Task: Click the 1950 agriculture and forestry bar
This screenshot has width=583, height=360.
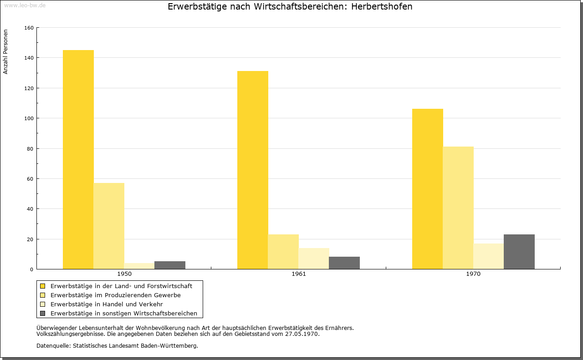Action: tap(78, 159)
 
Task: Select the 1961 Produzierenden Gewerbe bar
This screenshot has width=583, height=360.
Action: tap(283, 252)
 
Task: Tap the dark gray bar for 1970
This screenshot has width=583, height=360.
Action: tap(519, 252)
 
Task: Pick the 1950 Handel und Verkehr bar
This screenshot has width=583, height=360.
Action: tap(139, 266)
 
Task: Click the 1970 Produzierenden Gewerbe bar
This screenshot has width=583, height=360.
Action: tap(458, 208)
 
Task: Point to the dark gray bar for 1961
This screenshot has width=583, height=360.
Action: tap(344, 263)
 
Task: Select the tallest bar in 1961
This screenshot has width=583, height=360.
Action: tap(253, 170)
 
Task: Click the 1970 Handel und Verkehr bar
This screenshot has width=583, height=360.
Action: tap(489, 256)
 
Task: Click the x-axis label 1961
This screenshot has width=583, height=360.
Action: tap(299, 274)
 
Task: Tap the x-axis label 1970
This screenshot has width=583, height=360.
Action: tap(473, 274)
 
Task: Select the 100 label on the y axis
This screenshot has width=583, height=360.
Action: tap(29, 118)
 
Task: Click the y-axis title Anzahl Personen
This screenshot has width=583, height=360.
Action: tap(5, 52)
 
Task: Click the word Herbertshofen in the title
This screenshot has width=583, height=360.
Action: tap(382, 6)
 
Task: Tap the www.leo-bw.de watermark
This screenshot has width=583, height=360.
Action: tap(25, 5)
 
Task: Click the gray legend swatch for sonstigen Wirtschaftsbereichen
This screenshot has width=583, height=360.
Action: tap(43, 314)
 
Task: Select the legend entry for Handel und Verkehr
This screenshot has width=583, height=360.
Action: tap(107, 304)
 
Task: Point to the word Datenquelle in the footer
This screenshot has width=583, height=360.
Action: tap(53, 346)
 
